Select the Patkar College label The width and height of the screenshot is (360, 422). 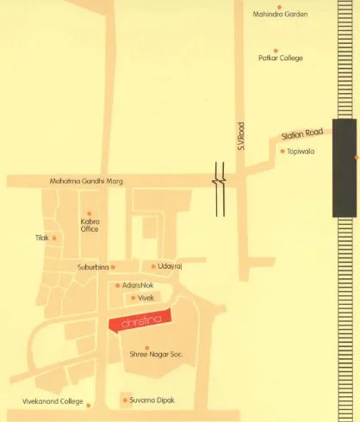pyautogui.click(x=276, y=59)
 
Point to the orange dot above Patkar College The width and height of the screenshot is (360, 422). pyautogui.click(x=276, y=50)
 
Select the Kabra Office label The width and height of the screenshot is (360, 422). pyautogui.click(x=90, y=225)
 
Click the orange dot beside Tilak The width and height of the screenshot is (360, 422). pyautogui.click(x=54, y=238)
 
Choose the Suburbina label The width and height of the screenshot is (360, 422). pyautogui.click(x=92, y=267)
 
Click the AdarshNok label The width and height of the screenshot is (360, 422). pyautogui.click(x=138, y=285)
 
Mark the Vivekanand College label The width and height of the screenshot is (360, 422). pyautogui.click(x=53, y=401)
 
